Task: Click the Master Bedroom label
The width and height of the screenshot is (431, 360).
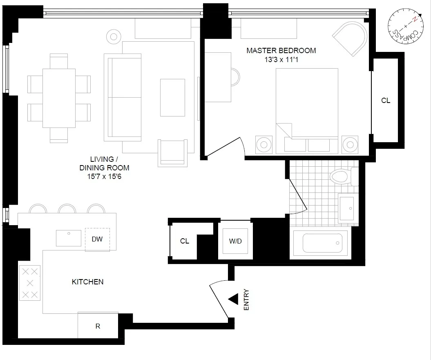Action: pos(281,51)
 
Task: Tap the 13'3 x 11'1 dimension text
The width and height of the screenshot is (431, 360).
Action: pos(281,60)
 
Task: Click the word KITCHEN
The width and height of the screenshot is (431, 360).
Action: pos(87,282)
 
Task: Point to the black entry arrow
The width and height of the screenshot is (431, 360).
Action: pos(233,300)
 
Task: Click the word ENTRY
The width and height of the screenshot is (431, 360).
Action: pos(246,300)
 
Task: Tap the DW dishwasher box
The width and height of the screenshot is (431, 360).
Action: pos(97,239)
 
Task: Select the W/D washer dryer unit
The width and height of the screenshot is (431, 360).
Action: pos(235,241)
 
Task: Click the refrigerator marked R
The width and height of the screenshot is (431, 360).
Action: pos(98,326)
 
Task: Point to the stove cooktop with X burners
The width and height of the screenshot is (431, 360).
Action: pos(30,283)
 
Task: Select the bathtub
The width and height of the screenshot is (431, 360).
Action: pos(322,243)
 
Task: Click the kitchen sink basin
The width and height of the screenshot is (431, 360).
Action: pos(68,238)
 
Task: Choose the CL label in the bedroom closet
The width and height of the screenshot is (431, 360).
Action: pos(385,101)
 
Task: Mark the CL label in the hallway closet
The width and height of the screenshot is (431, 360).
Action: pos(185,241)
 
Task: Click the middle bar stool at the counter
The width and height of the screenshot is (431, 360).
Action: pos(67,209)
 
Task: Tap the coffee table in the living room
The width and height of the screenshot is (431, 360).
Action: pos(172,98)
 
